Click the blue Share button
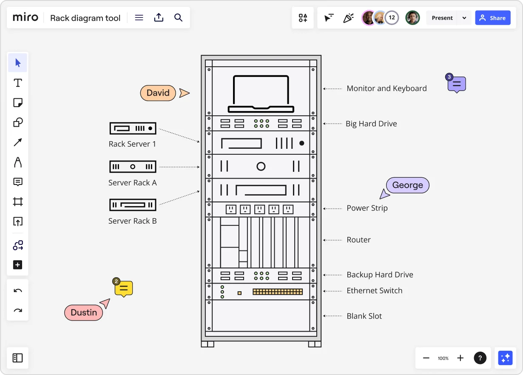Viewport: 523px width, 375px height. point(492,18)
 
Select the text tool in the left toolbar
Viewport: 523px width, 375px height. point(18,83)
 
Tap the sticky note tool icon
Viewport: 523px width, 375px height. point(18,102)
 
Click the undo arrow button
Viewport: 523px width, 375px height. point(18,291)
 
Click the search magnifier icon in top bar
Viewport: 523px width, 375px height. point(179,18)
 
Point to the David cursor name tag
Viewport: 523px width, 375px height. point(158,93)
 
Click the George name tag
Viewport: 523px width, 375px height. point(407,185)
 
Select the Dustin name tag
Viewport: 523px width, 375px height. point(84,312)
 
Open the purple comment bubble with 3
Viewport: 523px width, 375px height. point(457,84)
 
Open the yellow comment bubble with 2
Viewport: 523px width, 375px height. point(124,289)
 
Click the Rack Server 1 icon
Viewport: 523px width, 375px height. point(133,128)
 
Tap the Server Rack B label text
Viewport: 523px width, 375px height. point(133,221)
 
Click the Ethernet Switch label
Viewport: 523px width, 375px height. point(374,291)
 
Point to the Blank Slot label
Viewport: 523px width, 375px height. point(364,316)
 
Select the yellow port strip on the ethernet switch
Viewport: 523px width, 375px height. point(278,292)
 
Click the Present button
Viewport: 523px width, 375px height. point(442,18)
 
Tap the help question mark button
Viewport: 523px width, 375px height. point(480,358)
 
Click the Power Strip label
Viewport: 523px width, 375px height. point(367,208)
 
